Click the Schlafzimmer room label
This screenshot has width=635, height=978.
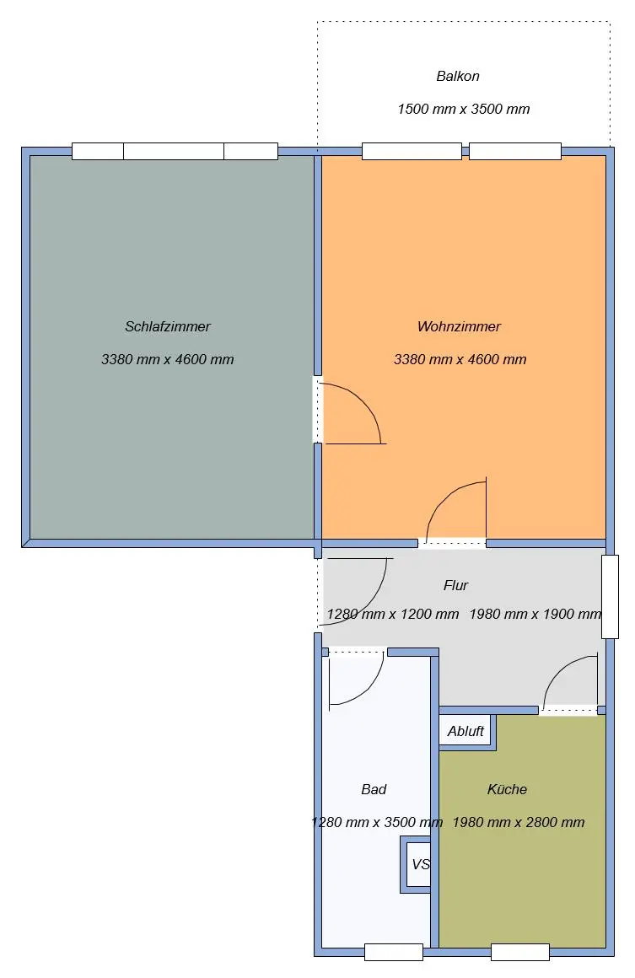167,326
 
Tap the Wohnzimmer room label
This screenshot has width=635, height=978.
459,326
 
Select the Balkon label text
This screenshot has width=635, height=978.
458,76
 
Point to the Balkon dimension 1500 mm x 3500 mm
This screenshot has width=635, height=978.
464,109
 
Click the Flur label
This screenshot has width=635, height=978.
455,585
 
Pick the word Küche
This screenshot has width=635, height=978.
507,789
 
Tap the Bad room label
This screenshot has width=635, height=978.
374,789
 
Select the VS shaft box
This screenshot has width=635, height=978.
416,864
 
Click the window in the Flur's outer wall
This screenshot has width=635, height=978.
610,596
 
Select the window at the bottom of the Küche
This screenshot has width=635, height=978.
520,952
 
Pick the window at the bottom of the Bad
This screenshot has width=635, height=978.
394,952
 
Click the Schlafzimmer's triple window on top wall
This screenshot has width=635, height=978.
175,151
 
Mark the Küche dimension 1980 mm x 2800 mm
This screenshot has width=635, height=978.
519,822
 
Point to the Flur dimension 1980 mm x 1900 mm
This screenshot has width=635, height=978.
535,614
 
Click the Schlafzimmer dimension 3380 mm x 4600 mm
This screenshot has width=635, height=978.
167,359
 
